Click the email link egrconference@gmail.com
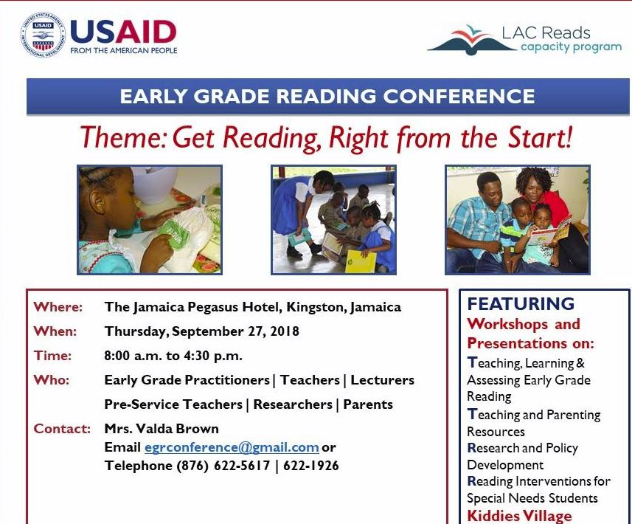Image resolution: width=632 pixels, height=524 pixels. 232,447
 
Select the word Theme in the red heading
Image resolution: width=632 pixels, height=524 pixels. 122,138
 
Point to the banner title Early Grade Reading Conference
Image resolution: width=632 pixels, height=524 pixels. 327,96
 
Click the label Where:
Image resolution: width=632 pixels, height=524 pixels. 58,307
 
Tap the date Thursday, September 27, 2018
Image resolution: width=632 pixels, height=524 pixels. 202,331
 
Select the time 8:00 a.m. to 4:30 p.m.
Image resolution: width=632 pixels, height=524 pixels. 173,356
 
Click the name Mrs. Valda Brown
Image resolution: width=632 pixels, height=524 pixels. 162,429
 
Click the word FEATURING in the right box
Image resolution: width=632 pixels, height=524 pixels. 521,304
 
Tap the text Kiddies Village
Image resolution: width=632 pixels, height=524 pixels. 519,516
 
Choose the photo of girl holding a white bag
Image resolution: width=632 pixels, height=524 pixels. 150,220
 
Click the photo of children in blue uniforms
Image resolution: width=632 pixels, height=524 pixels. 333,220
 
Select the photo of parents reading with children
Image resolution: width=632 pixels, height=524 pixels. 518,220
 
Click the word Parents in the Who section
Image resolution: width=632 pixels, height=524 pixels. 368,404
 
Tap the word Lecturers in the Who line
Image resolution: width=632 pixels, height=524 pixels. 382,380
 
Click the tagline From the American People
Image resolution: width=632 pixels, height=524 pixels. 123,51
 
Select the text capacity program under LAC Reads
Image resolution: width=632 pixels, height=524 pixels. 570,47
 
